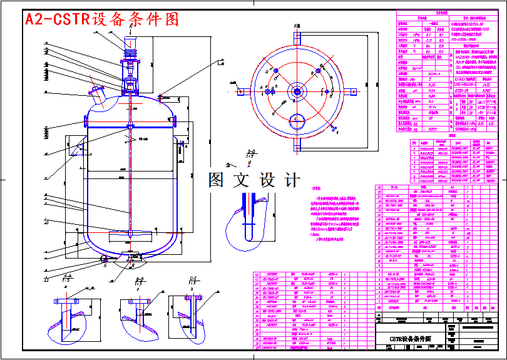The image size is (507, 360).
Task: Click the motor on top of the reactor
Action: coord(130,44)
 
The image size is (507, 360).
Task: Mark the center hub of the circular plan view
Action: coord(296,91)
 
